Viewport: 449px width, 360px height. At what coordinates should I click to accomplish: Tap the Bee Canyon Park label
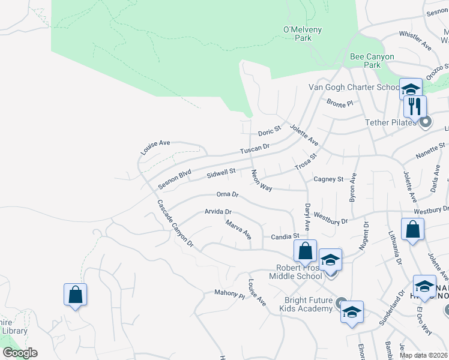coord(372,61)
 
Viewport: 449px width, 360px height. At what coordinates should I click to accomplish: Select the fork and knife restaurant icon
coord(415,107)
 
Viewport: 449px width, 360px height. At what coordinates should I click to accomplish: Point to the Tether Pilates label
coord(391,122)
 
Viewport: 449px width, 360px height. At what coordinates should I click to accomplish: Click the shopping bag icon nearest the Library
coord(75,295)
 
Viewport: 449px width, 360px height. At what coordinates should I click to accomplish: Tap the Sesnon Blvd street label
coord(174,179)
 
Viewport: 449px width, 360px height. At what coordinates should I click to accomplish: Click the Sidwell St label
coord(220,174)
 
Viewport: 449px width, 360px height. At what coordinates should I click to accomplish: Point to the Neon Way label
coord(262,181)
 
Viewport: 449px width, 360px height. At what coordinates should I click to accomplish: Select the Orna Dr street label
coord(228,194)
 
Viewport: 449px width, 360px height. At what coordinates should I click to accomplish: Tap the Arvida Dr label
coord(218,212)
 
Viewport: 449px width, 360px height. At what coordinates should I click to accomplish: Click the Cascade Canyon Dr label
coord(175,223)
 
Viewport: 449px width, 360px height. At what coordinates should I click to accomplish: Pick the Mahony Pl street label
coord(230,294)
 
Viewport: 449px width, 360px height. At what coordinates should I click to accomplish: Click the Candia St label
coord(285,236)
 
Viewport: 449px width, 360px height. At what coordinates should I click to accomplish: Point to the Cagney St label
coord(328,179)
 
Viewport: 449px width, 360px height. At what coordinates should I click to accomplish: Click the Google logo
coord(20,353)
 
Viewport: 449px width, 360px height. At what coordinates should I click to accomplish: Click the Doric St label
coord(270,131)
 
